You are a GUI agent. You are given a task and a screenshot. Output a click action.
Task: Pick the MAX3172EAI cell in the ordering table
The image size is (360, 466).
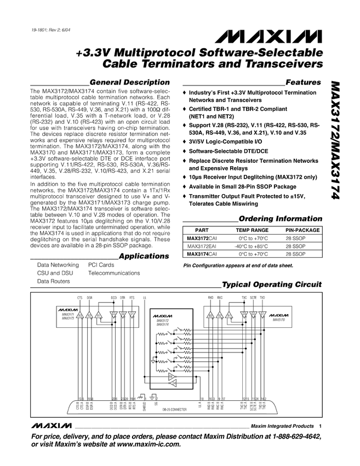pos(202,247)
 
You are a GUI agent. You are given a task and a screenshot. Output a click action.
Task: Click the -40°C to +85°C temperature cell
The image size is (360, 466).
pos(252,247)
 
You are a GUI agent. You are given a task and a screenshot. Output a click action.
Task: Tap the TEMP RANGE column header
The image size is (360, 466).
pos(252,231)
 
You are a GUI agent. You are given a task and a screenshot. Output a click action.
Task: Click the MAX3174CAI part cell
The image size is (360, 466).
pos(202,254)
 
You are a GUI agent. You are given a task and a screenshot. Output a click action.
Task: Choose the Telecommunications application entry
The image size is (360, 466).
pos(114,272)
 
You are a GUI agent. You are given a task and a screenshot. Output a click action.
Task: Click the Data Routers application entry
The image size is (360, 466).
pos(53,281)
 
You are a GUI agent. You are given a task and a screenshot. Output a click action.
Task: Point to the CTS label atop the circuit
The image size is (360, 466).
pos(80,298)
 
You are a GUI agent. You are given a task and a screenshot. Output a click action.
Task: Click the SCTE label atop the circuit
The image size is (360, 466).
pos(253,298)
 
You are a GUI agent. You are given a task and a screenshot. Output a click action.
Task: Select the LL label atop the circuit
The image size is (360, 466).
pos(144,298)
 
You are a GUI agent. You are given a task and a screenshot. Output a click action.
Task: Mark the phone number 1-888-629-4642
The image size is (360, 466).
pos(289,436)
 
